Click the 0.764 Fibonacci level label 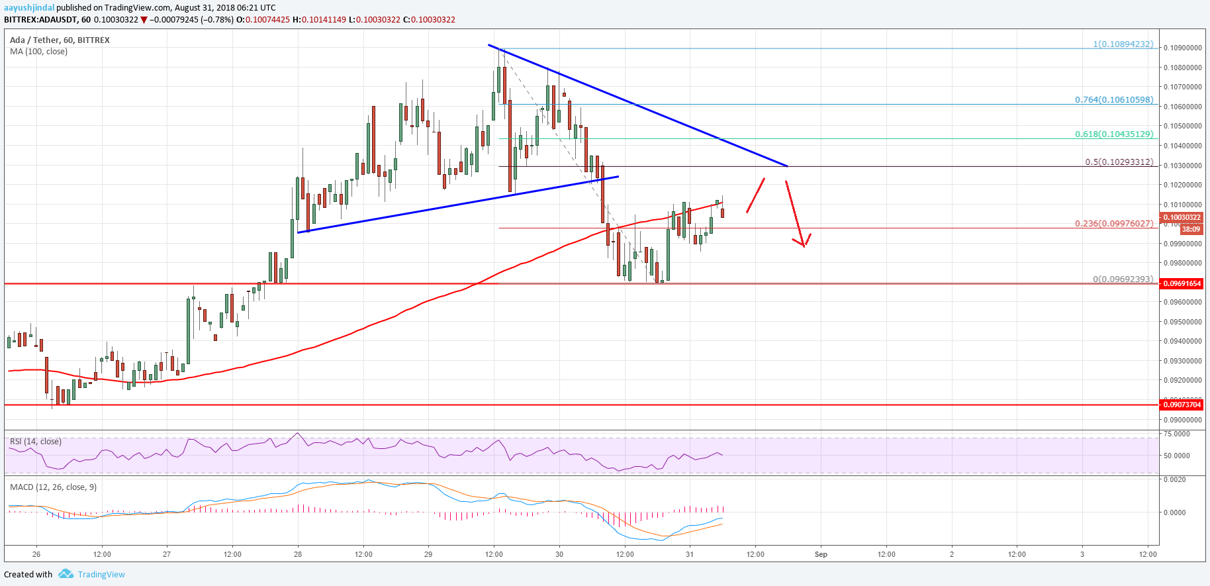pyautogui.click(x=1114, y=100)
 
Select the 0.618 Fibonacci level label pyautogui.click(x=1114, y=134)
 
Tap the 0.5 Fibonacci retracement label pyautogui.click(x=1119, y=162)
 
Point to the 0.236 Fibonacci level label pyautogui.click(x=1114, y=223)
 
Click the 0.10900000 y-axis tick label pyautogui.click(x=1183, y=48)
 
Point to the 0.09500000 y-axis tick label pyautogui.click(x=1183, y=322)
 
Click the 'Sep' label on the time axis pyautogui.click(x=821, y=554)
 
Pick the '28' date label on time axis pyautogui.click(x=298, y=554)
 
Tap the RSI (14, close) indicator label pyautogui.click(x=36, y=442)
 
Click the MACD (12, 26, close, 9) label pyautogui.click(x=53, y=487)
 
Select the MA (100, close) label pyautogui.click(x=38, y=52)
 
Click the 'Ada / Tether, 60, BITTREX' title pyautogui.click(x=60, y=40)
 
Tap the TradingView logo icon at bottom pyautogui.click(x=66, y=574)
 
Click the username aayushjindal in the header pyautogui.click(x=28, y=8)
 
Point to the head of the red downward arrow pyautogui.click(x=804, y=245)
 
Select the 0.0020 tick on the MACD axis pyautogui.click(x=1175, y=479)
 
